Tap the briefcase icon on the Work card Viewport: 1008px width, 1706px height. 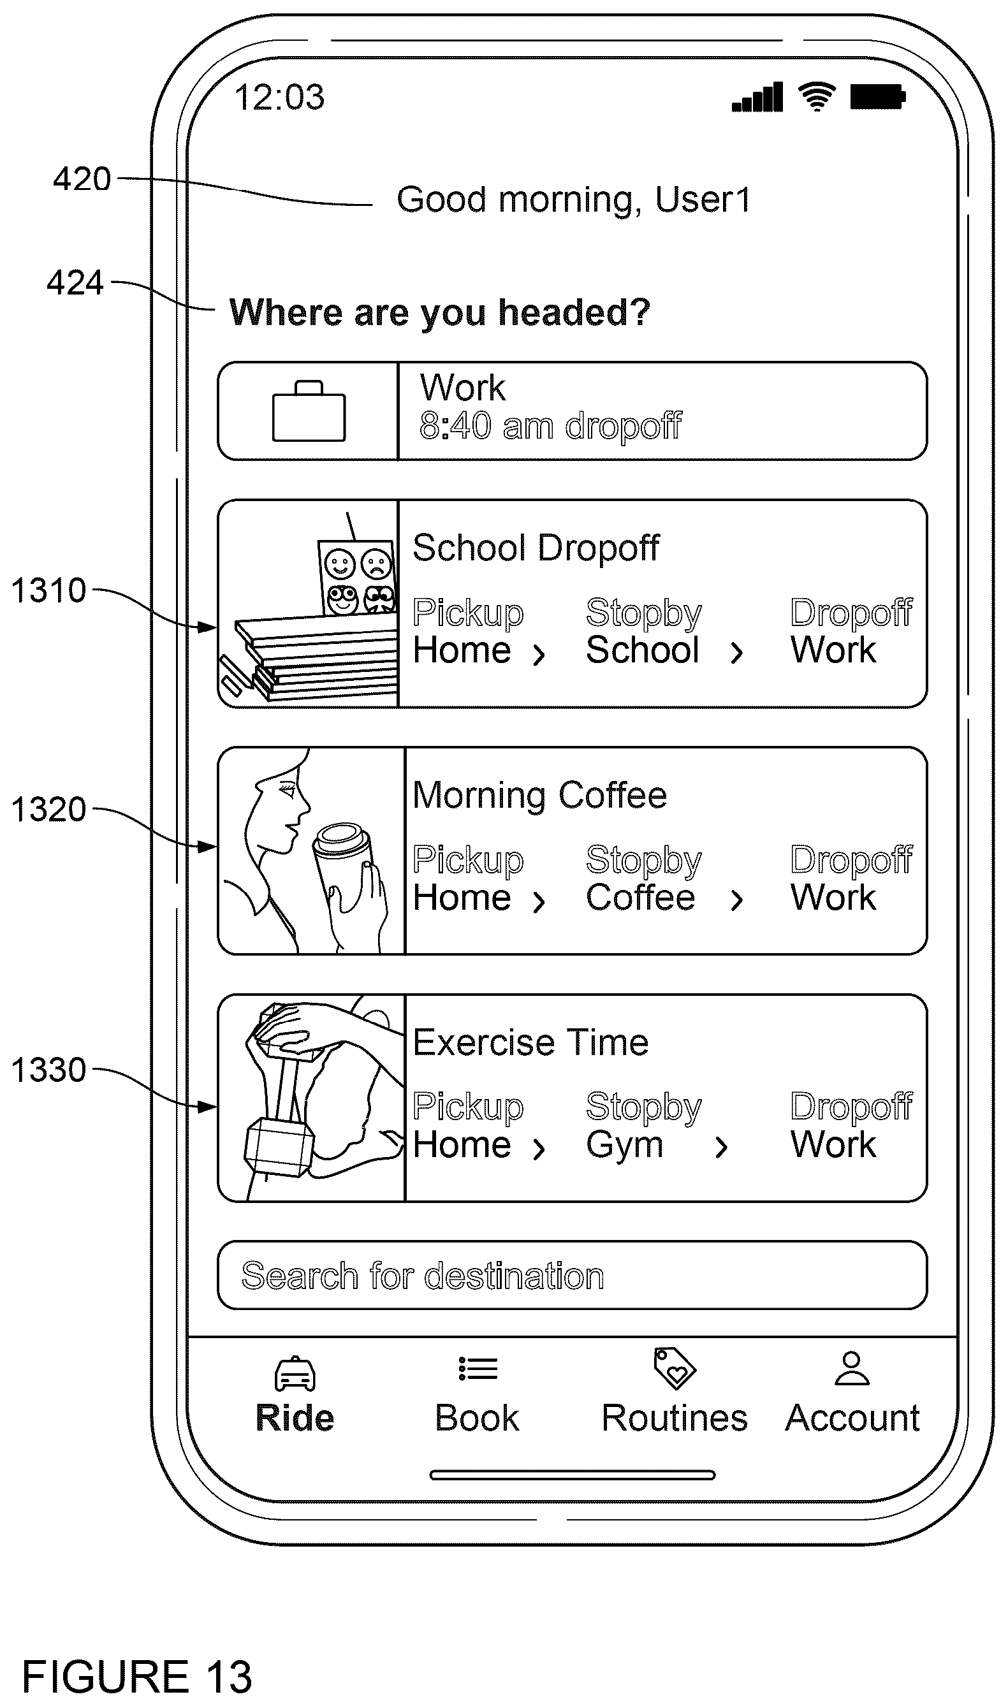point(309,411)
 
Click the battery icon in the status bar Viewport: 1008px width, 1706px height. point(877,96)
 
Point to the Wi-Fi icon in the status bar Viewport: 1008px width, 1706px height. point(817,96)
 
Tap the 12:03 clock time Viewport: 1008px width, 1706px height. point(279,97)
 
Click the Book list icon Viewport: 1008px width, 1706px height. point(478,1369)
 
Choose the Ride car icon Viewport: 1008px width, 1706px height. point(295,1373)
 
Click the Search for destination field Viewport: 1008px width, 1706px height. point(572,1275)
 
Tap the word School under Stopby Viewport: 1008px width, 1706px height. point(643,650)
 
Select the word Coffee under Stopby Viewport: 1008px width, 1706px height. point(641,897)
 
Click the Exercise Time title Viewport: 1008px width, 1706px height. point(530,1042)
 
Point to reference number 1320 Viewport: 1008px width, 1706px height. point(49,810)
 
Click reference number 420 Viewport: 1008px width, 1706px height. point(82,179)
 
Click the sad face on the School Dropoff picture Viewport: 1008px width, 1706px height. point(376,564)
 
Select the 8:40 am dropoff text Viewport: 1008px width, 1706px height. point(550,426)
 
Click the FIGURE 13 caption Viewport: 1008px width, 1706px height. point(137,1676)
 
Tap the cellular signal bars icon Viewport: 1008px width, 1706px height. point(757,96)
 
